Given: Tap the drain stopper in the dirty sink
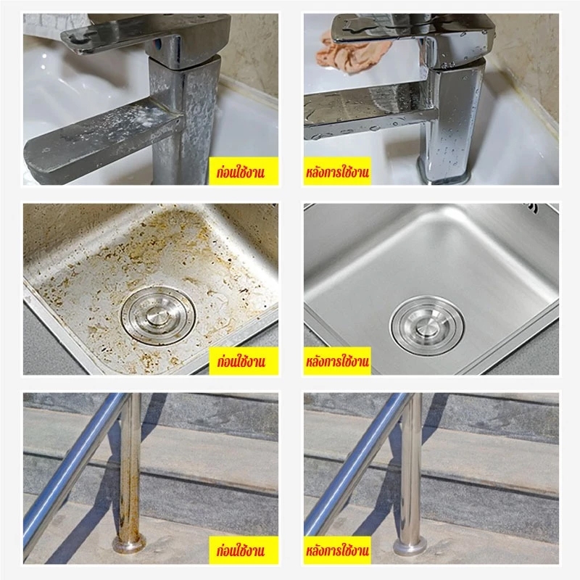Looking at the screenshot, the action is point(159,315).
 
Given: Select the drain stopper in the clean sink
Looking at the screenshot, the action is point(427,326).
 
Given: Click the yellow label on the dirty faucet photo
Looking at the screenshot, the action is point(244,171).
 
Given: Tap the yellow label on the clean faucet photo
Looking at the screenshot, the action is point(337,171).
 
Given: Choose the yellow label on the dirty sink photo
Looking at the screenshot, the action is point(244,361).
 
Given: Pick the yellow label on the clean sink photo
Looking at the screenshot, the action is point(337,361).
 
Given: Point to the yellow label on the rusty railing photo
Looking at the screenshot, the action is point(244,550).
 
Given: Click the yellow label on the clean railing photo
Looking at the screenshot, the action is point(337,550).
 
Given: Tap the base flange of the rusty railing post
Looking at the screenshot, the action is point(129,544).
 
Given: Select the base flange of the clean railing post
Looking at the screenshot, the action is point(410,544).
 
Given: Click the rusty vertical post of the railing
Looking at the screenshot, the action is point(130,466).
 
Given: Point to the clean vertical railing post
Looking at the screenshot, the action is point(410,466).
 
